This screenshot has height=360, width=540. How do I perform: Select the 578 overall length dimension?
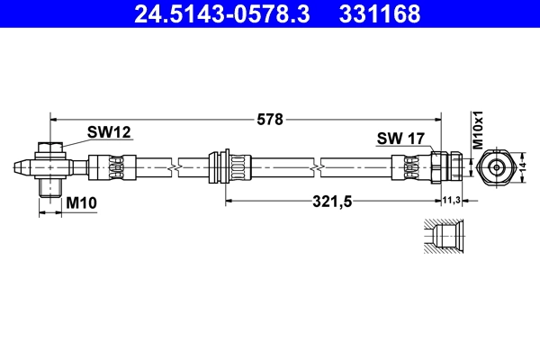270,118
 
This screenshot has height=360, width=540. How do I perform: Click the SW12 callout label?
109,132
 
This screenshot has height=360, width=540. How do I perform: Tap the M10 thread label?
81,203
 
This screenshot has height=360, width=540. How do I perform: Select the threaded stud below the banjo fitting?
51,187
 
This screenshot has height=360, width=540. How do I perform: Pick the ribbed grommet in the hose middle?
229,167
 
